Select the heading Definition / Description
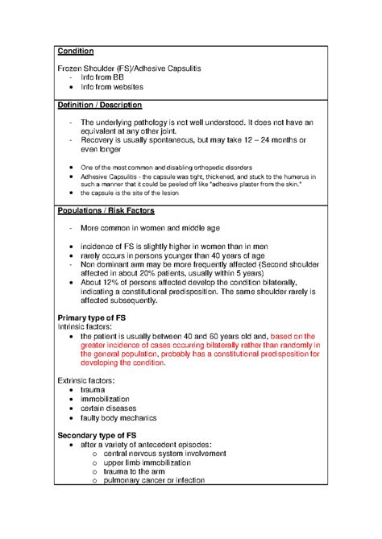point(100,106)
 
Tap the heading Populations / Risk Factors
point(108,210)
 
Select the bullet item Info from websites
point(112,86)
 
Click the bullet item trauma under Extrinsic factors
point(93,390)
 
